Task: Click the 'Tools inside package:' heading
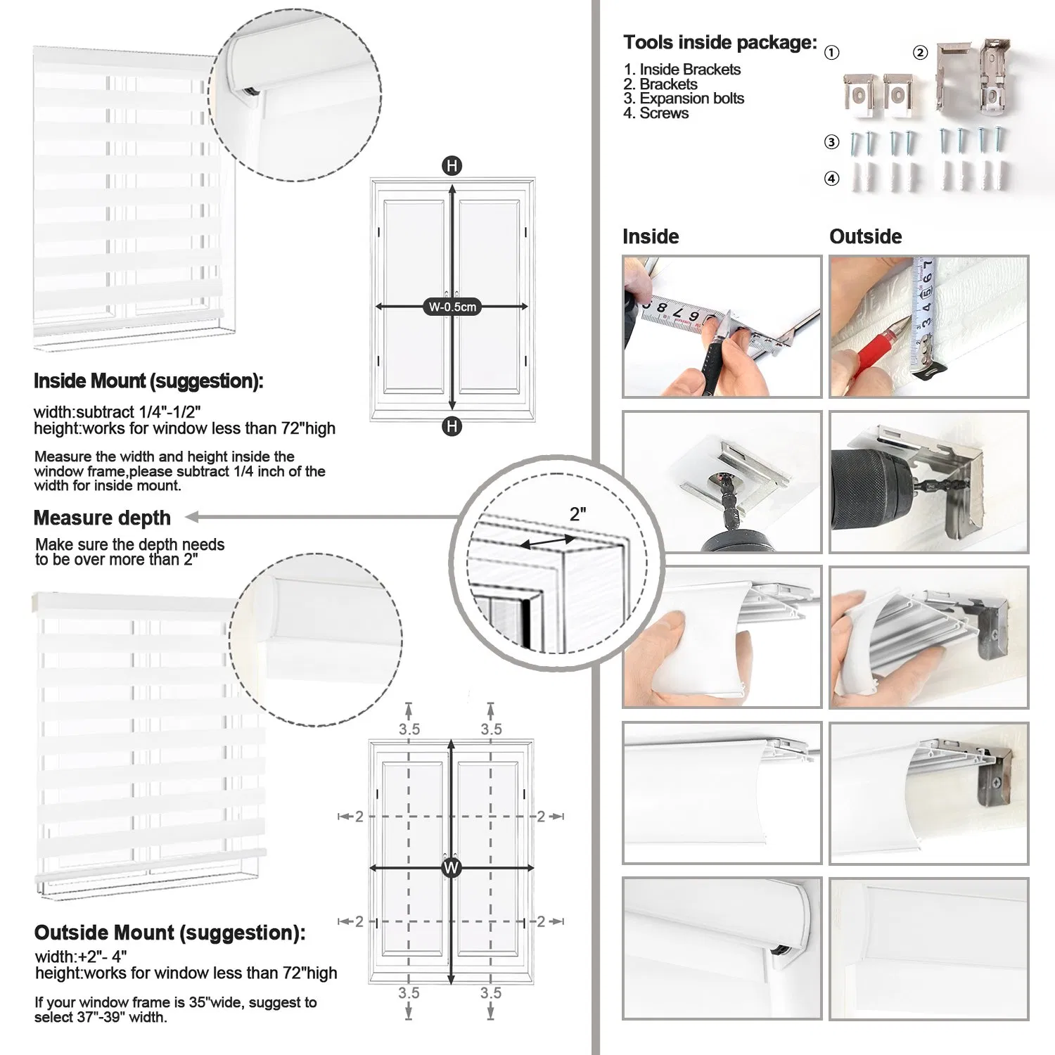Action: [x=720, y=43]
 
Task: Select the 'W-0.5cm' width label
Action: [x=452, y=307]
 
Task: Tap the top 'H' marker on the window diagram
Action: [x=452, y=166]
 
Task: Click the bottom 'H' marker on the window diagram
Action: [x=452, y=426]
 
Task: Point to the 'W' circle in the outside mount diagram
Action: [x=451, y=868]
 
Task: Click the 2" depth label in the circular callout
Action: [x=578, y=514]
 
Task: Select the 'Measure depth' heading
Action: [x=102, y=518]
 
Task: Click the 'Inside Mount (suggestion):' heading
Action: [x=148, y=381]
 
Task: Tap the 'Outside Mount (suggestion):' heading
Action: [x=170, y=933]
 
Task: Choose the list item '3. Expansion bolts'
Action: [x=683, y=98]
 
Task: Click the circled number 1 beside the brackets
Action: [x=831, y=53]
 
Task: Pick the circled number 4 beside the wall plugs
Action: [x=831, y=179]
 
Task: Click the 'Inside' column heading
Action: [x=651, y=236]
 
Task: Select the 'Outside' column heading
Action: [x=865, y=236]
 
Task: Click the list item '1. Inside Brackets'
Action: [x=682, y=70]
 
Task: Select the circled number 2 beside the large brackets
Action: [x=920, y=53]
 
